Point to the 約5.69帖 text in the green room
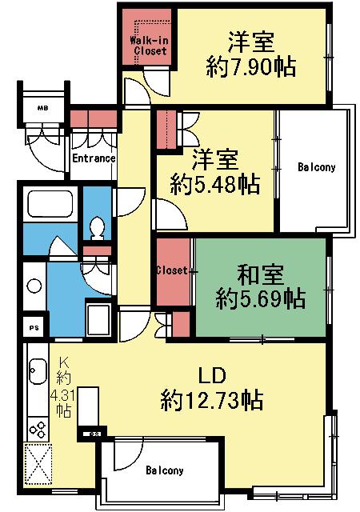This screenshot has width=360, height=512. point(260,300)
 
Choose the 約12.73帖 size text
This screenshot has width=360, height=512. point(212,398)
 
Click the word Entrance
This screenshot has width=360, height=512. point(94,158)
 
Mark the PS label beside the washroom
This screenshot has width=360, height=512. point(34,327)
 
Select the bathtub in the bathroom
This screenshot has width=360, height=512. point(50,206)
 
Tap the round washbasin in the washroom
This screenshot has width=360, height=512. point(34,286)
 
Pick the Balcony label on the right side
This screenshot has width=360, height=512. point(316,168)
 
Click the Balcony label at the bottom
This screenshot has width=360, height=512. point(165,471)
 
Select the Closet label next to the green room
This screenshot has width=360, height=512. point(172,271)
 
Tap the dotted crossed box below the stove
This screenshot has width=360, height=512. point(39,465)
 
